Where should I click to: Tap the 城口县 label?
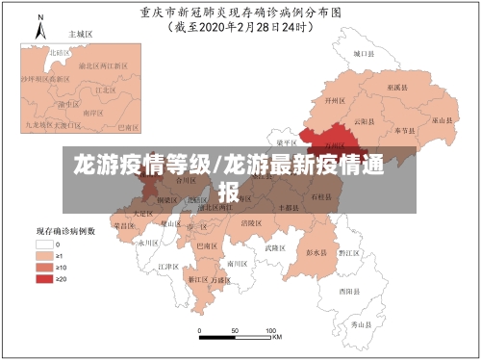click(x=361, y=55)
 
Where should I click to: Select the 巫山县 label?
click(x=442, y=121)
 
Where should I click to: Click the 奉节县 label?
click(x=404, y=129)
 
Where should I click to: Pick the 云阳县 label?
click(x=363, y=122)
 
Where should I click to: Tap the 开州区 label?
click(x=334, y=99)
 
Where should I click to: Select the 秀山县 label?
click(x=361, y=325)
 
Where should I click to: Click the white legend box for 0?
click(x=43, y=244)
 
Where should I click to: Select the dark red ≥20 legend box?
click(x=43, y=279)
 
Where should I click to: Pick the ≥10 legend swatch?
click(x=43, y=268)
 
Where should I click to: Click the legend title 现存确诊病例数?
click(x=64, y=232)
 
